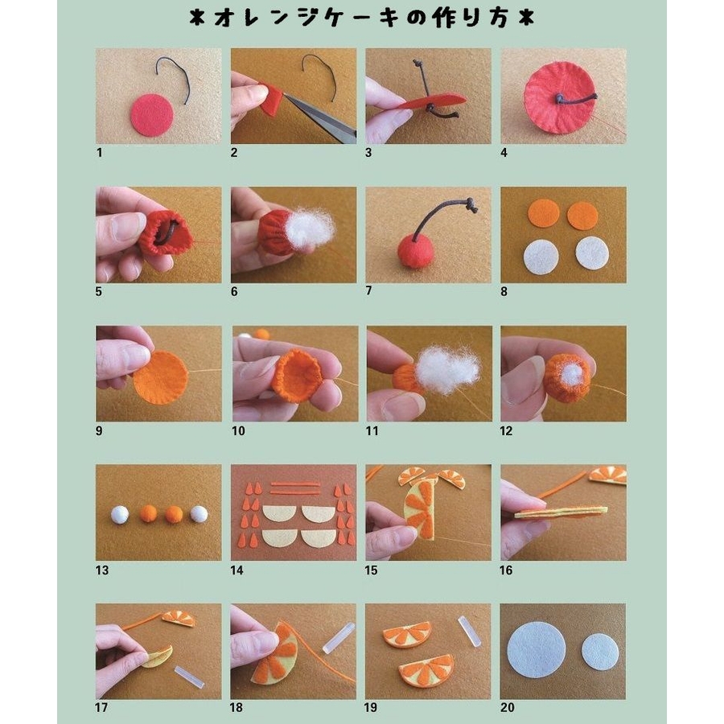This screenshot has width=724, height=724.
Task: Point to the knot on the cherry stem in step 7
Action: coord(471,204)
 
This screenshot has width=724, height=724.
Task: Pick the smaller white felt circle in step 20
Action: coord(600,652)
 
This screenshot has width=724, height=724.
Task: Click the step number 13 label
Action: coord(102,570)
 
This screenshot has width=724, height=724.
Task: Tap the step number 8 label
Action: coord(504,291)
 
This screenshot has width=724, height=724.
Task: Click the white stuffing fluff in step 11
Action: coord(446,370)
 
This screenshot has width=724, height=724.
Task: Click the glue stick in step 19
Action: coord(470,631)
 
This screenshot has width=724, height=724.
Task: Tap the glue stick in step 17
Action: coord(189,677)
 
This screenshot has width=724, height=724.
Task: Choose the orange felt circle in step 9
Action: coord(161,377)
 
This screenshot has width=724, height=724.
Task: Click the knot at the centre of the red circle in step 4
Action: coord(560,98)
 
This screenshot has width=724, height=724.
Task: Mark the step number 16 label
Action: coord(506,570)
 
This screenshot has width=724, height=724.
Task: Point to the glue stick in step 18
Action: coord(339,638)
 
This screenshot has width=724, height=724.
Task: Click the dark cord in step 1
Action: coord(174,79)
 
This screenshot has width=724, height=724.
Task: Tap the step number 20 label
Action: coord(507,707)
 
